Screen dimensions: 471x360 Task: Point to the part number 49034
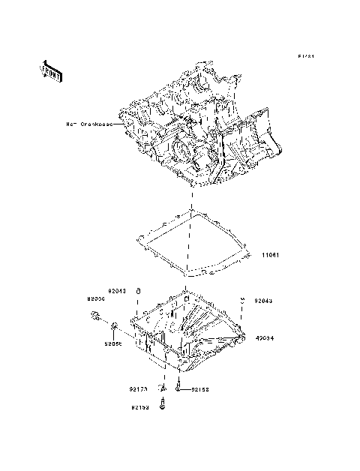click(264, 337)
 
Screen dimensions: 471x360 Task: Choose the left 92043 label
click(118, 290)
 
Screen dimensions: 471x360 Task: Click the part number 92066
click(96, 298)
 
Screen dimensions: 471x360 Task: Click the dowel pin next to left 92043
click(139, 291)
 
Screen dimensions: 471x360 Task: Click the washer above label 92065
click(113, 327)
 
